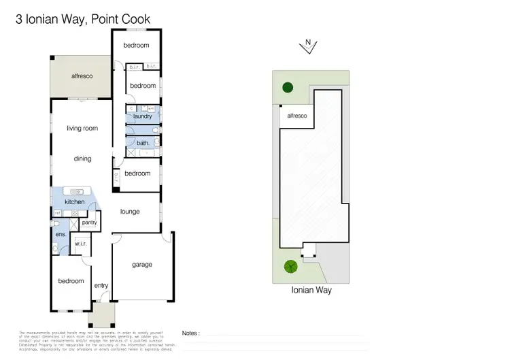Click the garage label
[x=142, y=265]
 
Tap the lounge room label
[x=130, y=212]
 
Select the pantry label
[x=88, y=223]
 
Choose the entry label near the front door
[x=101, y=285]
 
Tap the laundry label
[x=143, y=116]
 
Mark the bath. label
[x=143, y=143]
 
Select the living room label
[x=82, y=128]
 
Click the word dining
[x=82, y=159]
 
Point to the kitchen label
[x=74, y=202]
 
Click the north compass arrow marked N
[x=308, y=45]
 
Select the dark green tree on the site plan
[x=288, y=87]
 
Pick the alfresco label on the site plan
[x=297, y=116]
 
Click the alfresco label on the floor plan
[x=82, y=76]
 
